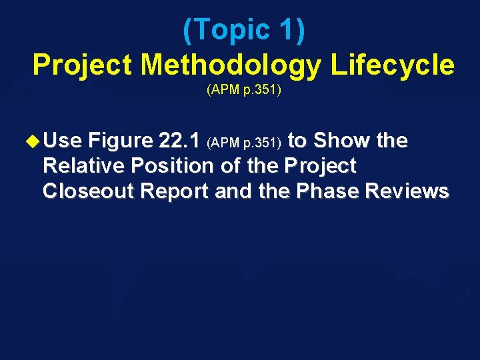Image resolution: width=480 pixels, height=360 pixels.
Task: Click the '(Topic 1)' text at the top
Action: tap(243, 31)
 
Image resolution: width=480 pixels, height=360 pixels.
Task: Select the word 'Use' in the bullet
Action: tap(62, 141)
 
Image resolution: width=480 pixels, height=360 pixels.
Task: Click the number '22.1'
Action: tap(180, 141)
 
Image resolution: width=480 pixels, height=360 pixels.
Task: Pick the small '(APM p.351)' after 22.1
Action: tap(246, 143)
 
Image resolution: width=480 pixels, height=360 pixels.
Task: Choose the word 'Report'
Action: tap(177, 191)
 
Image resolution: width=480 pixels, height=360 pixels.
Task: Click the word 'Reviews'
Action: tap(407, 191)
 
